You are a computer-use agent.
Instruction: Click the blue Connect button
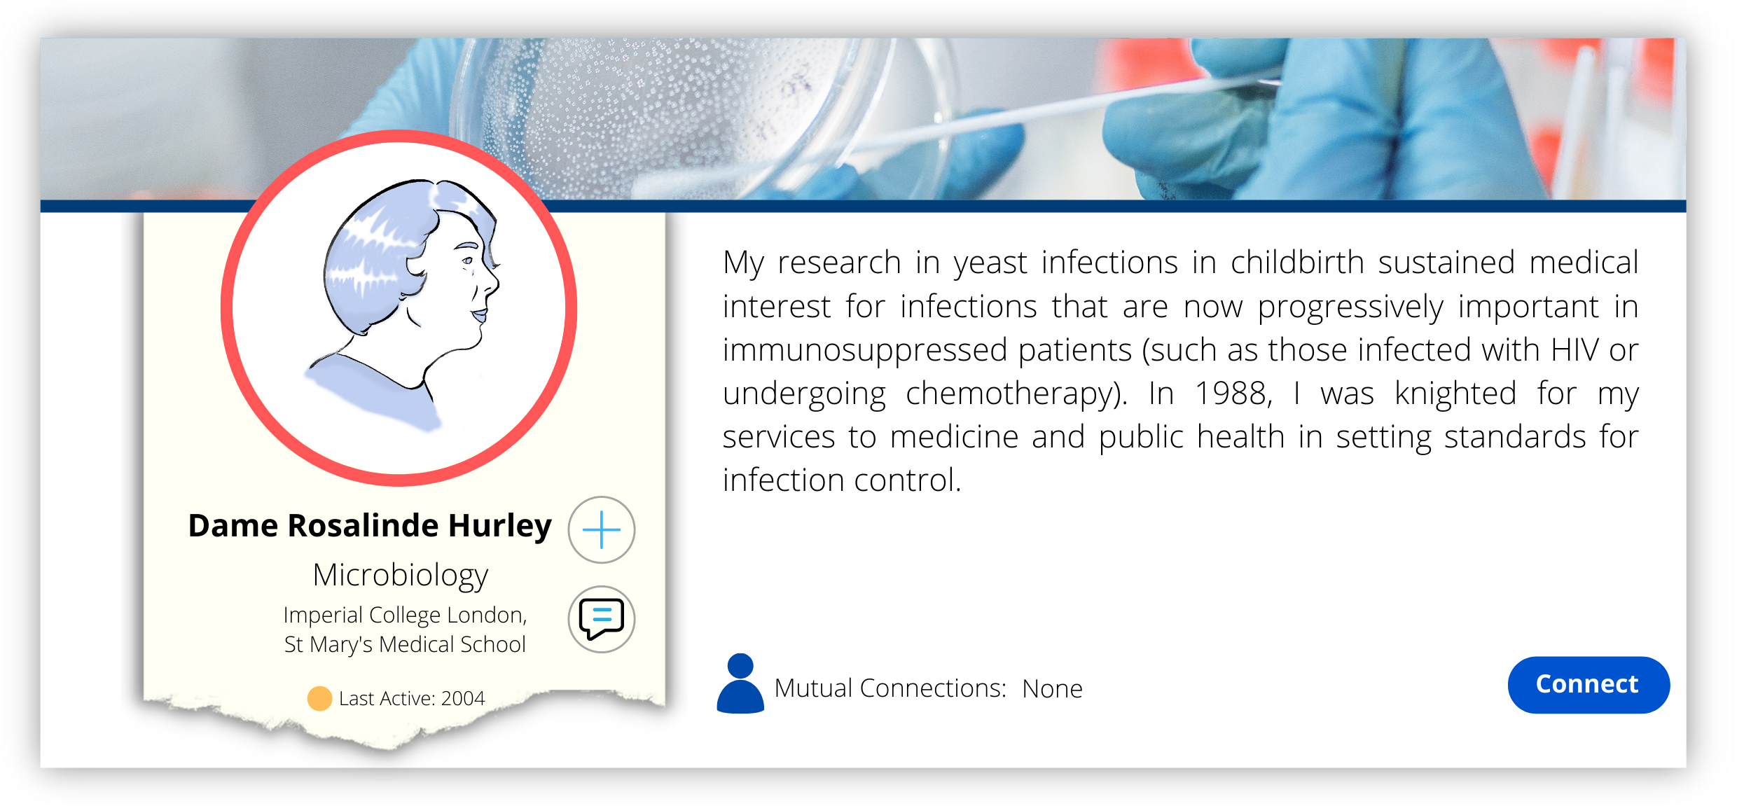pyautogui.click(x=1588, y=684)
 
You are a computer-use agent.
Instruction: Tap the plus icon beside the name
pyautogui.click(x=601, y=529)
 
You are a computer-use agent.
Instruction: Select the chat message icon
pyautogui.click(x=601, y=619)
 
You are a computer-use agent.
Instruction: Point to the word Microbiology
pyautogui.click(x=400, y=576)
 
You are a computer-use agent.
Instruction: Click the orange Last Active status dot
pyautogui.click(x=319, y=698)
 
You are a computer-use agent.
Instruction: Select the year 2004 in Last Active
pyautogui.click(x=463, y=698)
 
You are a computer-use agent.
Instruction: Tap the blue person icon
pyautogui.click(x=740, y=683)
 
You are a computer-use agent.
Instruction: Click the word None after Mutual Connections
pyautogui.click(x=1052, y=689)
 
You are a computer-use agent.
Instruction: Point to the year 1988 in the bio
pyautogui.click(x=1233, y=393)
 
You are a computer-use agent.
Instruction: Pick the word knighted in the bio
pyautogui.click(x=1455, y=394)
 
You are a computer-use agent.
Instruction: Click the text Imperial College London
pyautogui.click(x=405, y=615)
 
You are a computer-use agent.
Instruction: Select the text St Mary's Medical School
pyautogui.click(x=405, y=644)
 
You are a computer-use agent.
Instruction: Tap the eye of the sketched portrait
pyautogui.click(x=467, y=261)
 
